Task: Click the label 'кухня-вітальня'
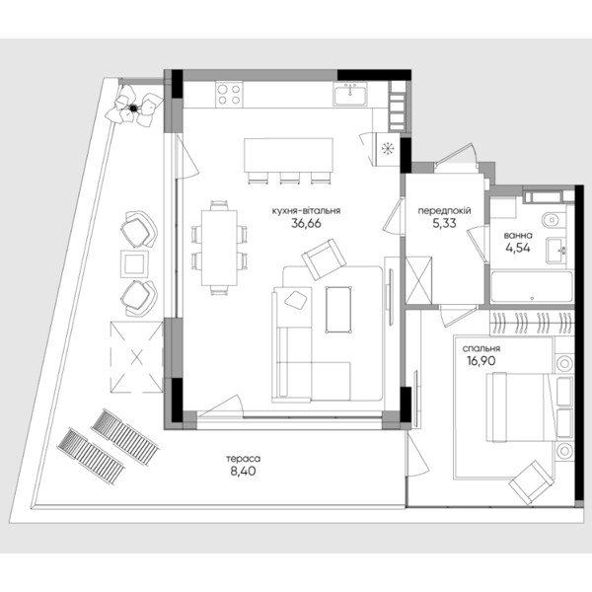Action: pos(306,211)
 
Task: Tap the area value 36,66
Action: pos(306,223)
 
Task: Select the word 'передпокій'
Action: pos(444,211)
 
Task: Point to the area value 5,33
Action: pos(444,223)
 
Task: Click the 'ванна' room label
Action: pos(518,236)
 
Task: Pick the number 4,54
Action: pos(518,248)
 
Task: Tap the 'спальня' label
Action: pos(481,348)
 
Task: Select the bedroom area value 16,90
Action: pos(481,361)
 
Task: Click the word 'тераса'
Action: pos(243,459)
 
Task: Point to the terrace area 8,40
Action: pos(243,472)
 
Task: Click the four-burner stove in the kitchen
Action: pos(230,95)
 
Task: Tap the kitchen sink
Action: pos(350,94)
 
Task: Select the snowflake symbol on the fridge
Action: pos(387,149)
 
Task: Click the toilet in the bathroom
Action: pos(554,219)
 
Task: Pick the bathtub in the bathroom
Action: pos(532,286)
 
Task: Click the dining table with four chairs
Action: pos(219,248)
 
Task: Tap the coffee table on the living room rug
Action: pos(338,310)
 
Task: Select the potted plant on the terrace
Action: pos(133,107)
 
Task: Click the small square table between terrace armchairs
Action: pos(134,263)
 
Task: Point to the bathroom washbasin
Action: pos(555,251)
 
